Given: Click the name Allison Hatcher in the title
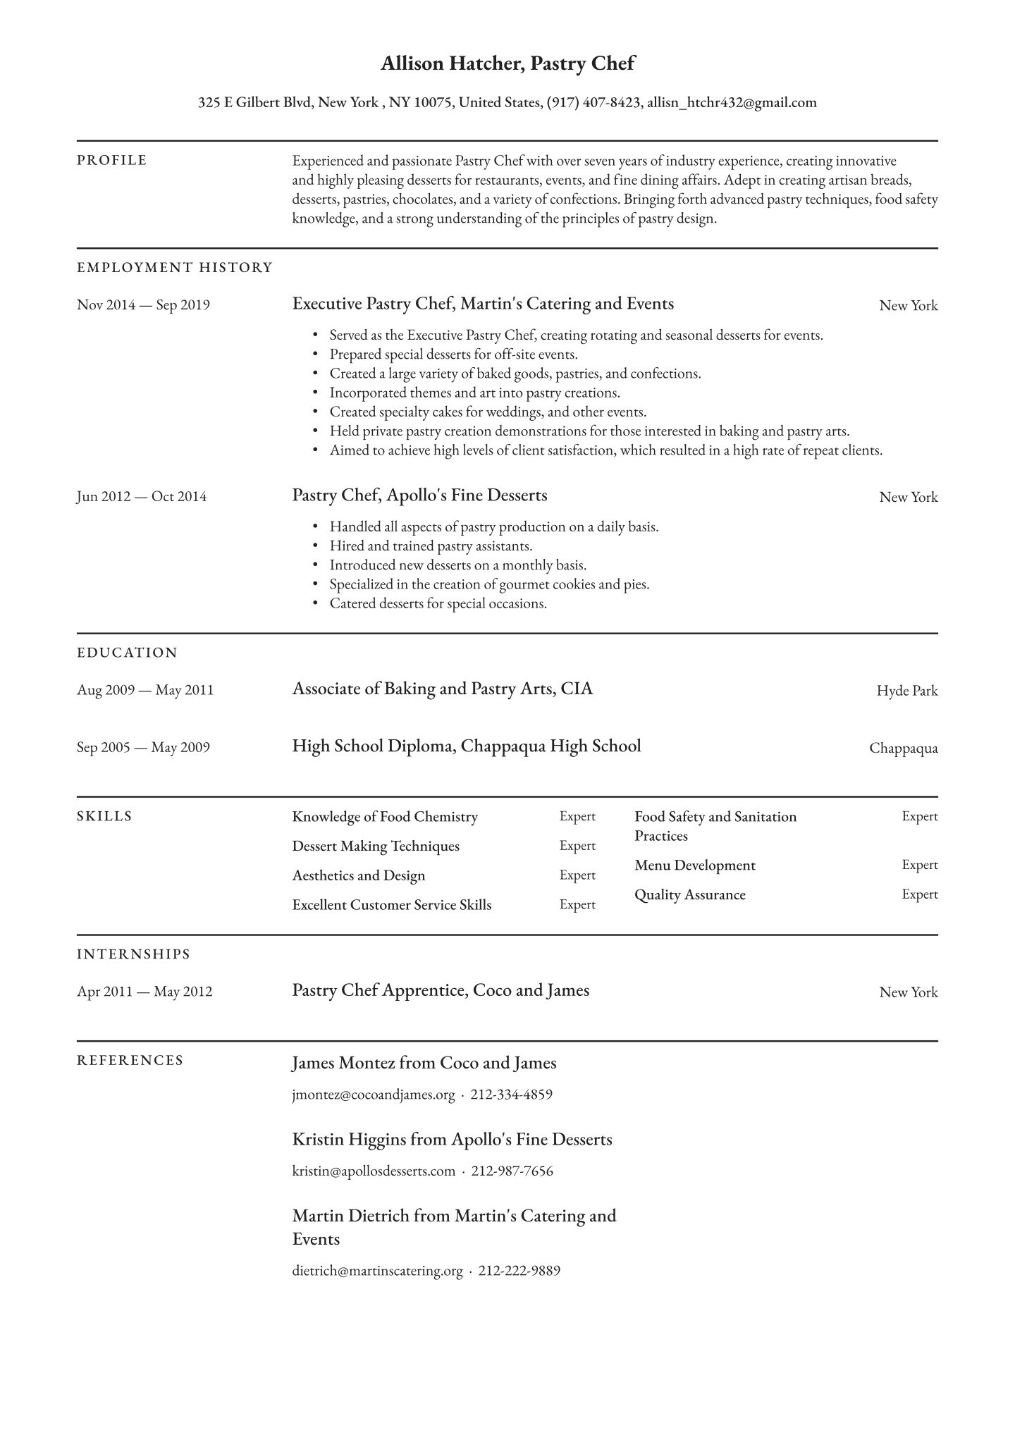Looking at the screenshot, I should pyautogui.click(x=451, y=64).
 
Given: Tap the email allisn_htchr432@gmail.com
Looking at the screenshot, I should pyautogui.click(x=732, y=103).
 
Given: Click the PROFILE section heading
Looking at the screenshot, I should pyautogui.click(x=112, y=161).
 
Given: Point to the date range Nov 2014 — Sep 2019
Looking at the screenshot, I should pyautogui.click(x=143, y=305).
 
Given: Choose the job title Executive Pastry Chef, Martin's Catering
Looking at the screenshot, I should pyautogui.click(x=483, y=304).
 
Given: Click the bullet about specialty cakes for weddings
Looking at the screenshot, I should pyautogui.click(x=488, y=412).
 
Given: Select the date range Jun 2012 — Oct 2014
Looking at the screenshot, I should pyautogui.click(x=142, y=497).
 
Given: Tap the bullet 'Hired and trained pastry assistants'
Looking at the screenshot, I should pyautogui.click(x=431, y=546).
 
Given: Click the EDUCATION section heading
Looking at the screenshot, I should pyautogui.click(x=128, y=653).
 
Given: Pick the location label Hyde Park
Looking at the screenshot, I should pyautogui.click(x=906, y=691).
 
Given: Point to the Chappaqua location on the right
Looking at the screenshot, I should pyautogui.click(x=903, y=749).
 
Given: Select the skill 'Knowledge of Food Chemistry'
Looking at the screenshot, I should pyautogui.click(x=385, y=817).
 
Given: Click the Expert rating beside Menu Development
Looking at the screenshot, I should pyautogui.click(x=919, y=865).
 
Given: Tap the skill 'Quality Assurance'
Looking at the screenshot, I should pyautogui.click(x=689, y=895).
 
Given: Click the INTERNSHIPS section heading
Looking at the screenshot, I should pyautogui.click(x=134, y=954).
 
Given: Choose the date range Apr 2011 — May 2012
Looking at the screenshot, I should pyautogui.click(x=144, y=992).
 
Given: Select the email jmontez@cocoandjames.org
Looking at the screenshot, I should pyautogui.click(x=374, y=1095).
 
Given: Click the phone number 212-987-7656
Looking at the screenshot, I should pyautogui.click(x=512, y=1171).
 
